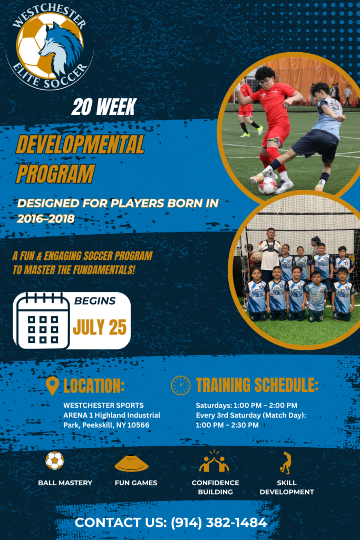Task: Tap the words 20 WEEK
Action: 104,107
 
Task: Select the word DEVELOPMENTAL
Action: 80,144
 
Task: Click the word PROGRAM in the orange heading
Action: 55,173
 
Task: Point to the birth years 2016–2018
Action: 46,219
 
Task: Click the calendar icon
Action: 43,321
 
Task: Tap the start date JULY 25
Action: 100,327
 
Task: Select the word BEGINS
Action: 95,301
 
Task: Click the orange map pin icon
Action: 52,385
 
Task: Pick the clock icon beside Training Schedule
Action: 181,385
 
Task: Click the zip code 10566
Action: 138,425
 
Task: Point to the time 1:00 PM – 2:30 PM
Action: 227,425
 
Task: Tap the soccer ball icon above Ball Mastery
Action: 55,460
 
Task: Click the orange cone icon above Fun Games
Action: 131,464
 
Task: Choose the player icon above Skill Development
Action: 286,463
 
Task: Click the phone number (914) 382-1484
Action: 219,523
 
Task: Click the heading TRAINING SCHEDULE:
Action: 257,385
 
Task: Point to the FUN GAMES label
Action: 136,483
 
